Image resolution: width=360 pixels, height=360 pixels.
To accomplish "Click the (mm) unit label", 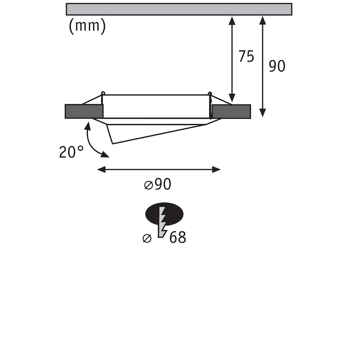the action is (87, 26).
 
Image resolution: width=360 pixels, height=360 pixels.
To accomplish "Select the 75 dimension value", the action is (246, 56).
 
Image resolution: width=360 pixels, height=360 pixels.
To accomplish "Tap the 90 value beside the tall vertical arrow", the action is (277, 66).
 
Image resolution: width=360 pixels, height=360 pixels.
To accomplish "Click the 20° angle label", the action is (72, 152).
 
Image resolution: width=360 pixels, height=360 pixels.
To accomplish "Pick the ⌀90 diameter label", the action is (158, 184).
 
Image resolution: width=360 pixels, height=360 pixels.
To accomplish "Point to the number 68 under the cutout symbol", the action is (178, 238).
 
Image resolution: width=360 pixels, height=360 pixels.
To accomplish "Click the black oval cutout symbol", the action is (164, 214).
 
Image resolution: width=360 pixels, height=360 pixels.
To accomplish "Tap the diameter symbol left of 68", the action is (147, 238).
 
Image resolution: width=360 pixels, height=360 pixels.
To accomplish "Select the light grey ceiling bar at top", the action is (179, 9).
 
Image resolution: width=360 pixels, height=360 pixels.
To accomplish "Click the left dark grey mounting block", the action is (84, 111).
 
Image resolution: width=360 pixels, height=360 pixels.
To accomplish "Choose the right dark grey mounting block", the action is (231, 112).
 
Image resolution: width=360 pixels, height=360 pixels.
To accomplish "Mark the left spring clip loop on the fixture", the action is (103, 93).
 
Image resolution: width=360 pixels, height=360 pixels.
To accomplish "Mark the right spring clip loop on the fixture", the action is (210, 94).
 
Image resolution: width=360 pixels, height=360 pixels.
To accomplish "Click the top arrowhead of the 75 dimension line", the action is (232, 20).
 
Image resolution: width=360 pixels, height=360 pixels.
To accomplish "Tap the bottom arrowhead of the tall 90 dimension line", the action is (263, 113).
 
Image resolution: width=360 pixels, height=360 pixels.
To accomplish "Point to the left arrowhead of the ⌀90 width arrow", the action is (101, 170).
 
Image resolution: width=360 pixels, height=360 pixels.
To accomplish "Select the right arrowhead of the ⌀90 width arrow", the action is (216, 170).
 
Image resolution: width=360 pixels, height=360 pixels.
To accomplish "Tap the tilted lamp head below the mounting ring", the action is (156, 131).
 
